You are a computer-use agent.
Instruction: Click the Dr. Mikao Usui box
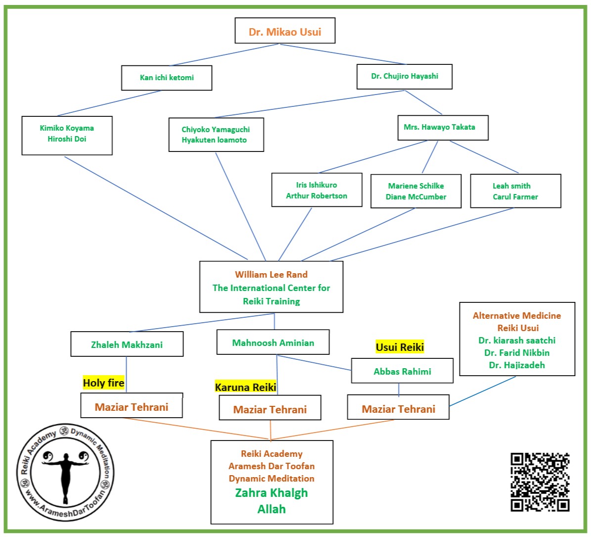coord(285,31)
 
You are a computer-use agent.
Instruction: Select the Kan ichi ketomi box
coord(167,78)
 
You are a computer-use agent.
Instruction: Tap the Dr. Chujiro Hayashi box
coord(405,76)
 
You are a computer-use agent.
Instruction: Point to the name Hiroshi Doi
coord(67,139)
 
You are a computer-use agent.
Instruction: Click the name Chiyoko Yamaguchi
coord(216,129)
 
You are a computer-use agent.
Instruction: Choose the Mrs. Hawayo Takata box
coord(439,127)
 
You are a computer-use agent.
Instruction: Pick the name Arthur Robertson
coord(317,196)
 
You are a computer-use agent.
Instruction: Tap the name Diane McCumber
coord(416,197)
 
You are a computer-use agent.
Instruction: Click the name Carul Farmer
coord(515,197)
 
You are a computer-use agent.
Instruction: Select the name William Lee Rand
coord(271,275)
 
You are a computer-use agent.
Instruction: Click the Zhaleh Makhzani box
coord(127,344)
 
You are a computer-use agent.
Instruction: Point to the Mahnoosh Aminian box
coord(273,342)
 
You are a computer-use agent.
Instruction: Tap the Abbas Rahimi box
coord(402,371)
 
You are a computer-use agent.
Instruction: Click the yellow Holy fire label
coord(103,383)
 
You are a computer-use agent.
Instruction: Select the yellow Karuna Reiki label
coord(245,387)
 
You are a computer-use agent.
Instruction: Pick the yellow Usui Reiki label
coord(400,347)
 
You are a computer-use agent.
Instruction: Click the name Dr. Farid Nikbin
coord(517,353)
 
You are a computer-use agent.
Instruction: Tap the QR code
coord(540,482)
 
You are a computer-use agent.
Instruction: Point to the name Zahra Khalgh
coord(271,493)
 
